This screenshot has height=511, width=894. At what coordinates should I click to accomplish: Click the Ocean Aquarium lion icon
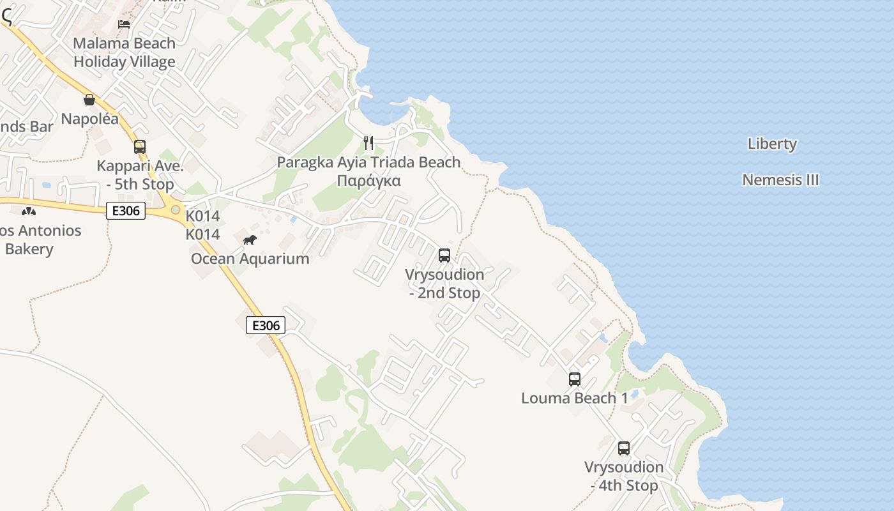pos(250,240)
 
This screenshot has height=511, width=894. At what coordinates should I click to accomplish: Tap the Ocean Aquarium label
pos(250,259)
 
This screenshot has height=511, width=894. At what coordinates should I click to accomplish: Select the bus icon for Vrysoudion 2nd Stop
pos(444,256)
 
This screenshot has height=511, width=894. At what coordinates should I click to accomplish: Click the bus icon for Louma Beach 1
pos(575,379)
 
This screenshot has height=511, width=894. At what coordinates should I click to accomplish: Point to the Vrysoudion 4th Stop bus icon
pos(624,448)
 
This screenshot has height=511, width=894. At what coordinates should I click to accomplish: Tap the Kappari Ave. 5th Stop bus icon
pos(140,147)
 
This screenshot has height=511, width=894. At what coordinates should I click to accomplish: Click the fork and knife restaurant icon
pos(368,142)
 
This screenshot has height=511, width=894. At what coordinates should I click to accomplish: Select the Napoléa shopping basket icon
pos(89,100)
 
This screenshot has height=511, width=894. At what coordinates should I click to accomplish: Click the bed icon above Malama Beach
pos(124,24)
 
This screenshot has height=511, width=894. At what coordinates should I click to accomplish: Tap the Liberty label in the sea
pos(772,144)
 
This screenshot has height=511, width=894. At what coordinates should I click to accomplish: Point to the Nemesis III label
pos(780,180)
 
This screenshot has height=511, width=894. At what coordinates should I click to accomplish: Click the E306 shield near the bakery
pos(126,211)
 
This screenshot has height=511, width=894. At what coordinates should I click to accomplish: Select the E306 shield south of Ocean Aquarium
pos(266,325)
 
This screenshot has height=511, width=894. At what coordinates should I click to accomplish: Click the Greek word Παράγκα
pos(368,181)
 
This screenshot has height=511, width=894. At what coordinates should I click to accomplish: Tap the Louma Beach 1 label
pos(575,398)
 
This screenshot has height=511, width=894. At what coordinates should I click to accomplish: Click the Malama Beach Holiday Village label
pos(125,52)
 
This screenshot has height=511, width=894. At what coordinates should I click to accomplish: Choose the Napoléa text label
pos(89,119)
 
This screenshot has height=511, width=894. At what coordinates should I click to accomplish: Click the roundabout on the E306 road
pos(175,210)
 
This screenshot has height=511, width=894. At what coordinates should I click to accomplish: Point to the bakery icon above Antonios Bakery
pos(28,211)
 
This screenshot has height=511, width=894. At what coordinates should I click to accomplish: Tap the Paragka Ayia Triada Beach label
pos(368,162)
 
